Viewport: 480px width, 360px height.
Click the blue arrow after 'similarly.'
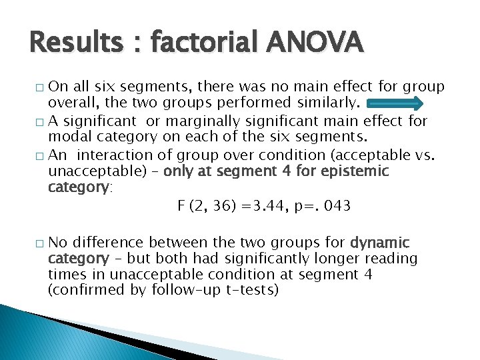click(x=395, y=104)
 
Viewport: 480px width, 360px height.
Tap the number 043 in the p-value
click(x=336, y=206)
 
